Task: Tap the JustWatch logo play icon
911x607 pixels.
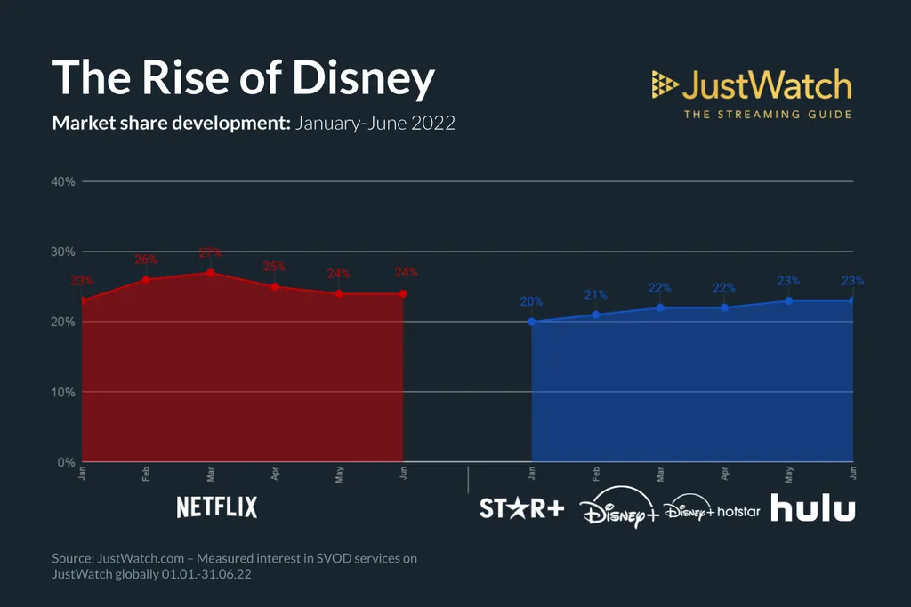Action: coord(665,84)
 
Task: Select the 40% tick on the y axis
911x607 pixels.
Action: coord(62,181)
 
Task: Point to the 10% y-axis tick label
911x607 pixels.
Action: coord(62,392)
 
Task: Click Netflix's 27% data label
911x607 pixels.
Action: coord(210,252)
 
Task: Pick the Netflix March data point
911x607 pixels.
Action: coord(210,273)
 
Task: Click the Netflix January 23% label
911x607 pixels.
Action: coord(82,281)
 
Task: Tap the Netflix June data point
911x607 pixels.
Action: coord(403,294)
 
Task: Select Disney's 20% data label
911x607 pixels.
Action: coord(531,302)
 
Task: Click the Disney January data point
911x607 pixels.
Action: coord(531,322)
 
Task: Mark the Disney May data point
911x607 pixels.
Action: coord(788,300)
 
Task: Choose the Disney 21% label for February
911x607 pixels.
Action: coord(595,295)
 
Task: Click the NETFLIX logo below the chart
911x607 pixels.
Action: coord(217,507)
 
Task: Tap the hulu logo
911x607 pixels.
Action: coord(812,509)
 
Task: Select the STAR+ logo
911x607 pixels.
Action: coord(521,509)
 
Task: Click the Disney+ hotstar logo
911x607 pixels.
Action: coord(712,511)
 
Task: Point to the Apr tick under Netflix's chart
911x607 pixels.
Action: coord(275,475)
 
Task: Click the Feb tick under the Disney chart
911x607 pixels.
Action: coord(595,475)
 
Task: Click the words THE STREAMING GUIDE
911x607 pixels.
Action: coord(767,114)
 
